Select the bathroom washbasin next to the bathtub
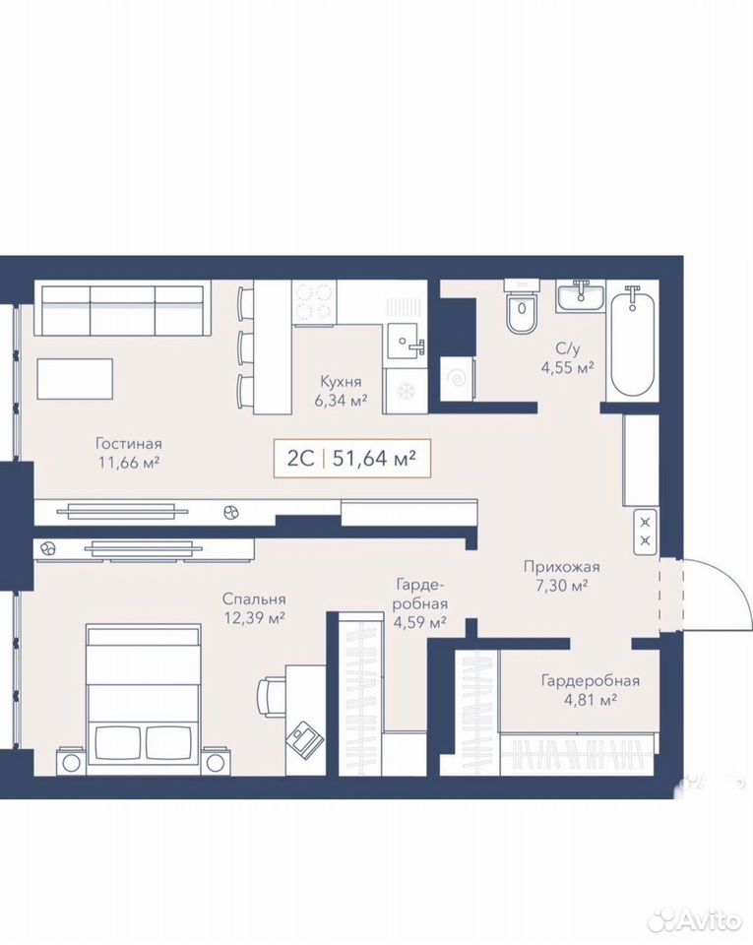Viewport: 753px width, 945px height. [x=580, y=296]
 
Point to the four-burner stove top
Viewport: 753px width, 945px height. [x=313, y=303]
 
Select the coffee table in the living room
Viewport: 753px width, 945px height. [x=75, y=378]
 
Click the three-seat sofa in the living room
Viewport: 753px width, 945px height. [x=123, y=308]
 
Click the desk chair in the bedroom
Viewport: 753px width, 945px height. [x=271, y=696]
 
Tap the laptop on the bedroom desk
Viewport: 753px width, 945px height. [x=304, y=737]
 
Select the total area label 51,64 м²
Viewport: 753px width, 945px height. [x=375, y=459]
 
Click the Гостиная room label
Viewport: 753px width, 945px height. [x=129, y=444]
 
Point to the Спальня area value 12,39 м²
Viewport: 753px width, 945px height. [x=254, y=618]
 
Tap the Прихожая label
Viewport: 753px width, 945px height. [x=561, y=567]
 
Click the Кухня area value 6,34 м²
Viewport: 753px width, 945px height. [x=341, y=401]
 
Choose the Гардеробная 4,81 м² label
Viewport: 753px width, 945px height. [x=591, y=690]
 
